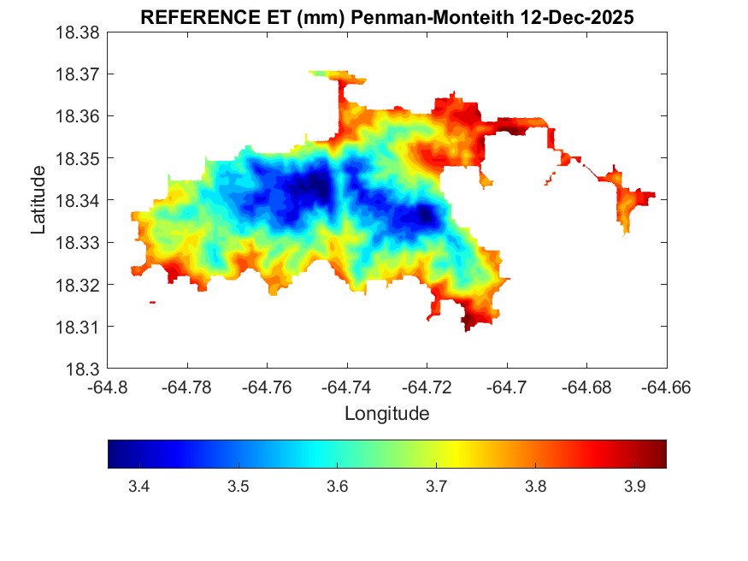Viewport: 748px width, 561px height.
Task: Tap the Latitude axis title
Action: coord(38,200)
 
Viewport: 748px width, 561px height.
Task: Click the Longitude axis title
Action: coord(386,414)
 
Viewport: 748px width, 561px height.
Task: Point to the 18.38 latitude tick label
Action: coord(78,32)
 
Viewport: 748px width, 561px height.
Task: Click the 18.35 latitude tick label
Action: coord(78,158)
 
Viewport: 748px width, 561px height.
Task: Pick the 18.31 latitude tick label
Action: coord(78,327)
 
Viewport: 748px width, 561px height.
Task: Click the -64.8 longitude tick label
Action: coord(109,387)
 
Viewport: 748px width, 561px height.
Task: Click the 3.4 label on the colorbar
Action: coord(138,487)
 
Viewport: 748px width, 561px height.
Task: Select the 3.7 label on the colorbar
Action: coord(436,487)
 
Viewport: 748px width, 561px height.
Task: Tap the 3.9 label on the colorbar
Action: coord(634,487)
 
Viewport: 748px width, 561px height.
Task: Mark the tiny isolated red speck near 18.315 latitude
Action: coord(152,302)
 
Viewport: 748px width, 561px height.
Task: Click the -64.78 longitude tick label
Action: coord(188,387)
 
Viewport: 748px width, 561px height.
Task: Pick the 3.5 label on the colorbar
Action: coord(238,487)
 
